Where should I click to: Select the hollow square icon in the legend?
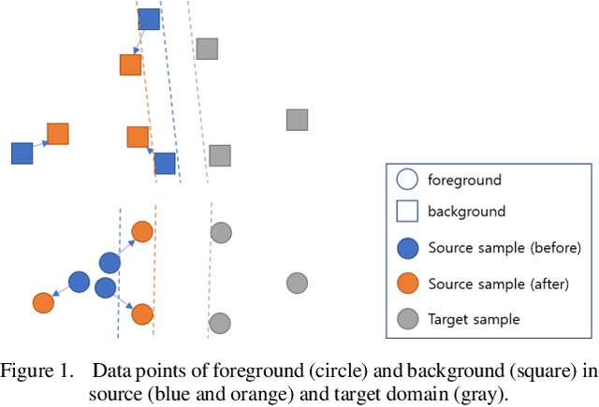click(407, 212)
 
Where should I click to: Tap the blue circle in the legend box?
click(407, 248)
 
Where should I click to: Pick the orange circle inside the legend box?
click(407, 283)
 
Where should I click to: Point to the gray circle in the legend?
click(407, 319)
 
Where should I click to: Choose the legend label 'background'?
click(466, 212)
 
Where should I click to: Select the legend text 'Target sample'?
click(474, 319)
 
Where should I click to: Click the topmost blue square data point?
click(149, 19)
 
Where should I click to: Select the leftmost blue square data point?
click(22, 153)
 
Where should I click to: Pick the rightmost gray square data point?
click(297, 120)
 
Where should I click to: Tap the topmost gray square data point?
click(207, 49)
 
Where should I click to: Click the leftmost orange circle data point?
click(43, 302)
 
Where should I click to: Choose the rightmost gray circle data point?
click(297, 283)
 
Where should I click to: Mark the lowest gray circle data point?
click(220, 324)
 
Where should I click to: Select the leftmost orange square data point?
click(58, 134)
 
